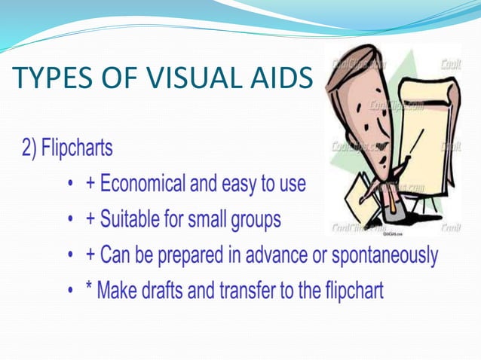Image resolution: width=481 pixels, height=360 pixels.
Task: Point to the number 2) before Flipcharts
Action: [x=29, y=148]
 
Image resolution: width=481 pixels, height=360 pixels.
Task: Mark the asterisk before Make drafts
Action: [x=91, y=289]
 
